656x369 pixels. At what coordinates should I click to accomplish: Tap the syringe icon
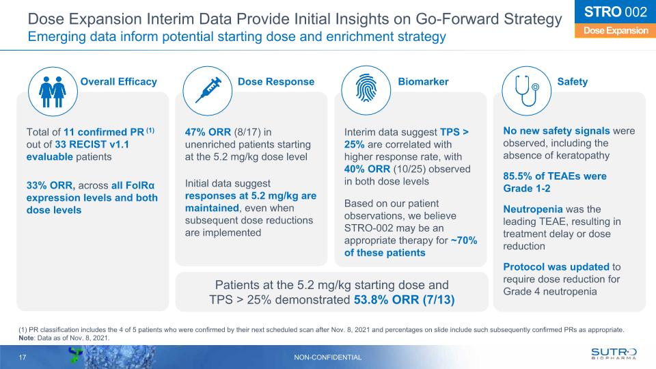point(208,92)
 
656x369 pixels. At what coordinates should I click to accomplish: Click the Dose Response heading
point(276,82)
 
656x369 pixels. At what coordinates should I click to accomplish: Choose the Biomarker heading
point(423,82)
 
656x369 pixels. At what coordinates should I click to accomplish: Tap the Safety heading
point(572,82)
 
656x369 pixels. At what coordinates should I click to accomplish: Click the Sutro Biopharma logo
point(613,354)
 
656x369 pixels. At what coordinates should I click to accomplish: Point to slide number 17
point(23,357)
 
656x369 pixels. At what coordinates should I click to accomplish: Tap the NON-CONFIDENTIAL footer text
point(327,357)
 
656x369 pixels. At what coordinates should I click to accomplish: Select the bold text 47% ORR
point(209,131)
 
